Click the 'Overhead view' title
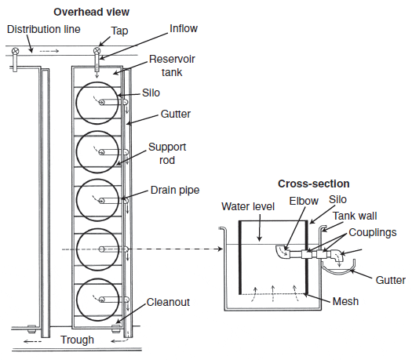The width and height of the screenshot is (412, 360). click(x=92, y=12)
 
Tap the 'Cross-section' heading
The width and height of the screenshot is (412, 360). click(x=314, y=184)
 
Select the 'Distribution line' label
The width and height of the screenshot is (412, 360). click(x=44, y=29)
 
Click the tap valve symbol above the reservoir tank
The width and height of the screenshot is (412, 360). click(x=97, y=50)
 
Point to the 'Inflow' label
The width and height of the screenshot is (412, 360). click(x=184, y=28)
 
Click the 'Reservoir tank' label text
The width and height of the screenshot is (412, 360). click(x=172, y=66)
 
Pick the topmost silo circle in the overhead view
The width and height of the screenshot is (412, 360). click(x=97, y=103)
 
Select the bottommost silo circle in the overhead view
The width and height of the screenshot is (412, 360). click(x=97, y=300)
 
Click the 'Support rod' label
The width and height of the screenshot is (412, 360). click(x=167, y=154)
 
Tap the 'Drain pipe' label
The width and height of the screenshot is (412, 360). click(x=175, y=190)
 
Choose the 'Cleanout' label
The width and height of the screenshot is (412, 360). click(x=168, y=302)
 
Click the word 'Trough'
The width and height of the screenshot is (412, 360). click(x=77, y=340)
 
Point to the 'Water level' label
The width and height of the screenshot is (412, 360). click(x=248, y=206)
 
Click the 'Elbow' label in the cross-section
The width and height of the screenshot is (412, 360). click(x=304, y=201)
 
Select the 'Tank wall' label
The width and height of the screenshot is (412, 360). click(x=355, y=216)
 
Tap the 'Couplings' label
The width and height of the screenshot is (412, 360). click(x=373, y=233)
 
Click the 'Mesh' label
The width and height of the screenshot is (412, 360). click(x=345, y=301)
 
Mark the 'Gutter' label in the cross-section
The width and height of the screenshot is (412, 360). click(x=391, y=280)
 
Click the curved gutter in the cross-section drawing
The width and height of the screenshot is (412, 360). click(x=339, y=273)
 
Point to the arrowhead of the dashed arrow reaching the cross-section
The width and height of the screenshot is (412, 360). click(x=221, y=249)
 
